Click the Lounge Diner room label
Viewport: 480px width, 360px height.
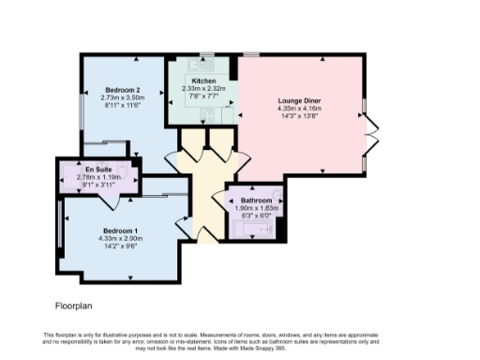tap(298, 100)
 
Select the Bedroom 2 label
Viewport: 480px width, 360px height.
tap(123, 90)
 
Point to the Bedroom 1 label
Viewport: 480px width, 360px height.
tap(120, 231)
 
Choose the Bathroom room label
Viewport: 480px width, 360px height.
tap(256, 201)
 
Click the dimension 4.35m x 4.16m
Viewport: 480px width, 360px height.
tap(298, 108)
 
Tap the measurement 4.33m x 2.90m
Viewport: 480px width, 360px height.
tap(120, 238)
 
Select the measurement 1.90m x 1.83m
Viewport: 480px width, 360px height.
tap(256, 208)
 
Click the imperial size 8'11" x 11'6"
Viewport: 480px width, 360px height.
tap(123, 105)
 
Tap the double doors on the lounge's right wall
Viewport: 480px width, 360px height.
tap(371, 135)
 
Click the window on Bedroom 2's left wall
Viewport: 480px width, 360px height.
tap(82, 112)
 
